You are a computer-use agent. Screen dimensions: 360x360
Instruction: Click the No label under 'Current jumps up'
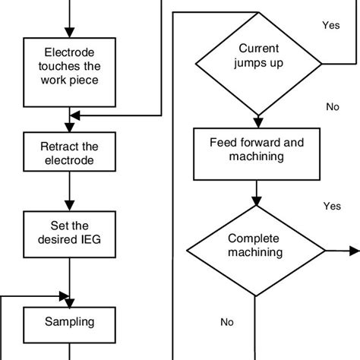[x=332, y=107]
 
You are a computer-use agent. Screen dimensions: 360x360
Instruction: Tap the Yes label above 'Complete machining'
[x=332, y=206]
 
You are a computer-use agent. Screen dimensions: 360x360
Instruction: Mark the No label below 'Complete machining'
[x=226, y=321]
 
